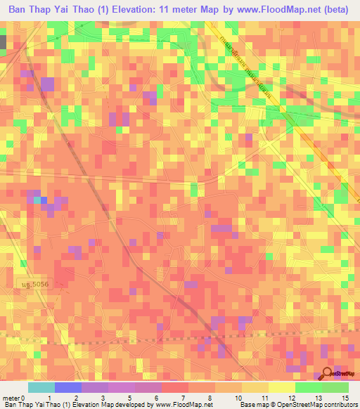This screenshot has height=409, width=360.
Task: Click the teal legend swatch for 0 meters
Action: [41, 387]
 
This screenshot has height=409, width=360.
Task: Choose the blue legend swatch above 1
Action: [67, 387]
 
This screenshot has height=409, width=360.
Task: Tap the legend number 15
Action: [344, 398]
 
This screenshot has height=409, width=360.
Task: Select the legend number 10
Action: [240, 398]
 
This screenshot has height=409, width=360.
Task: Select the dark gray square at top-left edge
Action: [2, 41]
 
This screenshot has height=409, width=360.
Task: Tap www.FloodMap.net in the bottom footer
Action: [184, 405]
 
